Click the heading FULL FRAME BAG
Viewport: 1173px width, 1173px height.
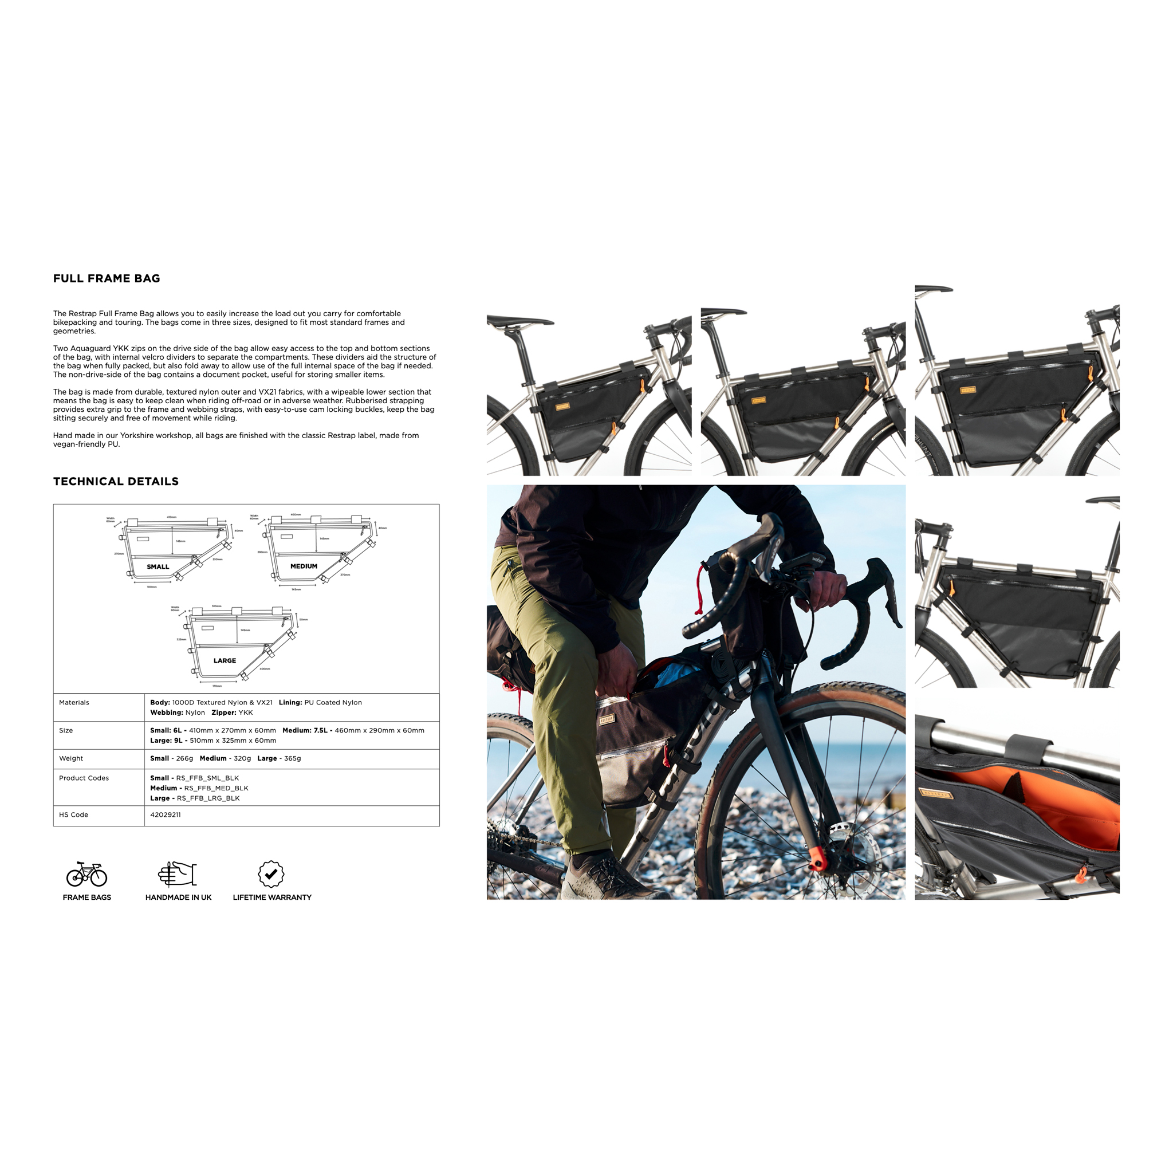(x=107, y=279)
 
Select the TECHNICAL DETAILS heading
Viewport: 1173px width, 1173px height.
(x=115, y=482)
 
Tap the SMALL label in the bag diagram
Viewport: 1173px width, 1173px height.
(x=158, y=566)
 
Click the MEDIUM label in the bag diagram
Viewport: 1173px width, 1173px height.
(x=304, y=566)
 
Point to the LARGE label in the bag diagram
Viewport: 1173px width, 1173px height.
(x=225, y=660)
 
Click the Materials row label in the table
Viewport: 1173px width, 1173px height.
(x=74, y=702)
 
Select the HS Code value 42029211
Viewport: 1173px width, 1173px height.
(x=165, y=815)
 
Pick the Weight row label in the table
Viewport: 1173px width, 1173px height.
(x=71, y=758)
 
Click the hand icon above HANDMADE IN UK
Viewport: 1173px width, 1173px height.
(x=178, y=874)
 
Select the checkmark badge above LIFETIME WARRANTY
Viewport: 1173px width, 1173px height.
(x=271, y=874)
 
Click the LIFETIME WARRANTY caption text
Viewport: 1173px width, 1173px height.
(x=272, y=898)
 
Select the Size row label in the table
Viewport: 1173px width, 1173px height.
(x=66, y=730)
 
